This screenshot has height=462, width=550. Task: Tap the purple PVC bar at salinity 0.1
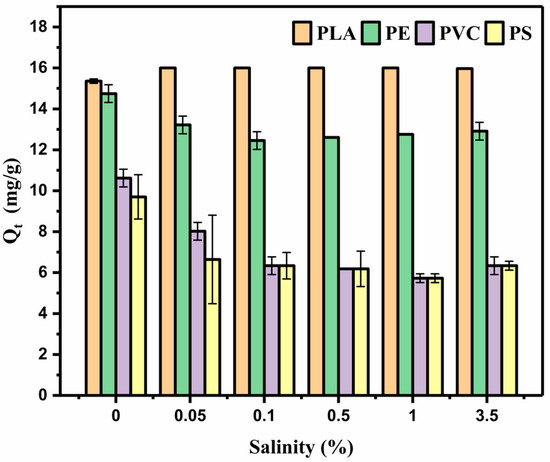coord(270,330)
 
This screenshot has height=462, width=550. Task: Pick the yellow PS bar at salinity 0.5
coord(360,331)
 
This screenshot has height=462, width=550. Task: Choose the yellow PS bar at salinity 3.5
coord(509,330)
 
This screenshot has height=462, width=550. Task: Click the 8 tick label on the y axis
coord(53,232)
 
